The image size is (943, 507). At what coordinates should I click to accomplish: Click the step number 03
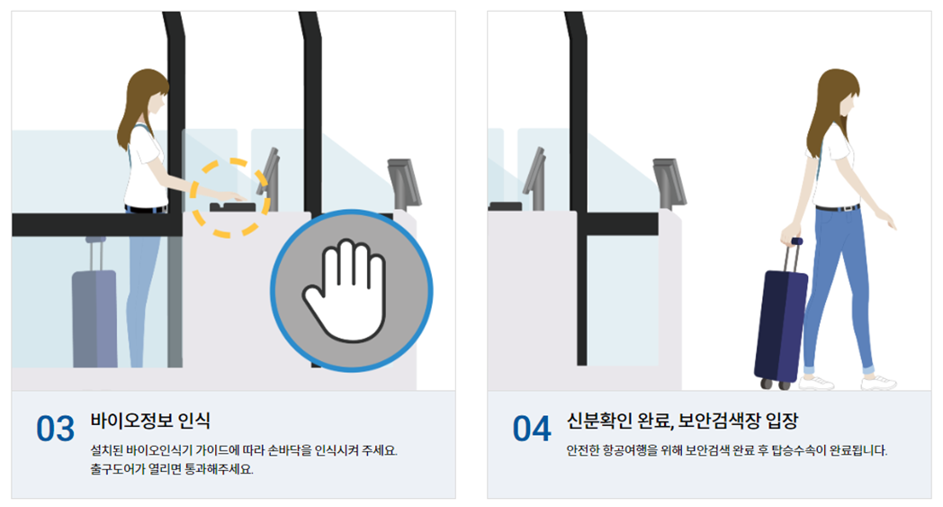[x=55, y=429]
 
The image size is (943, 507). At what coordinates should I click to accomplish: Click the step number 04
[x=531, y=429]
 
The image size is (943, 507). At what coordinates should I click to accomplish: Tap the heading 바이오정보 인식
[x=150, y=421]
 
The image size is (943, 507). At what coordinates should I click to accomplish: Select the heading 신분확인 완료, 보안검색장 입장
[x=682, y=421]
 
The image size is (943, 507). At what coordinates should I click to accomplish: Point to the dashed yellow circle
[x=230, y=198]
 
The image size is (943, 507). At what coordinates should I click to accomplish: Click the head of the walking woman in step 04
[x=840, y=95]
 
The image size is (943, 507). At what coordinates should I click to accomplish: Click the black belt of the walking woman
[x=838, y=208]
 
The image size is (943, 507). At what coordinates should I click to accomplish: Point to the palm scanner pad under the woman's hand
[x=231, y=207]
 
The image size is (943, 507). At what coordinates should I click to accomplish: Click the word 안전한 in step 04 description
[x=583, y=449]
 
